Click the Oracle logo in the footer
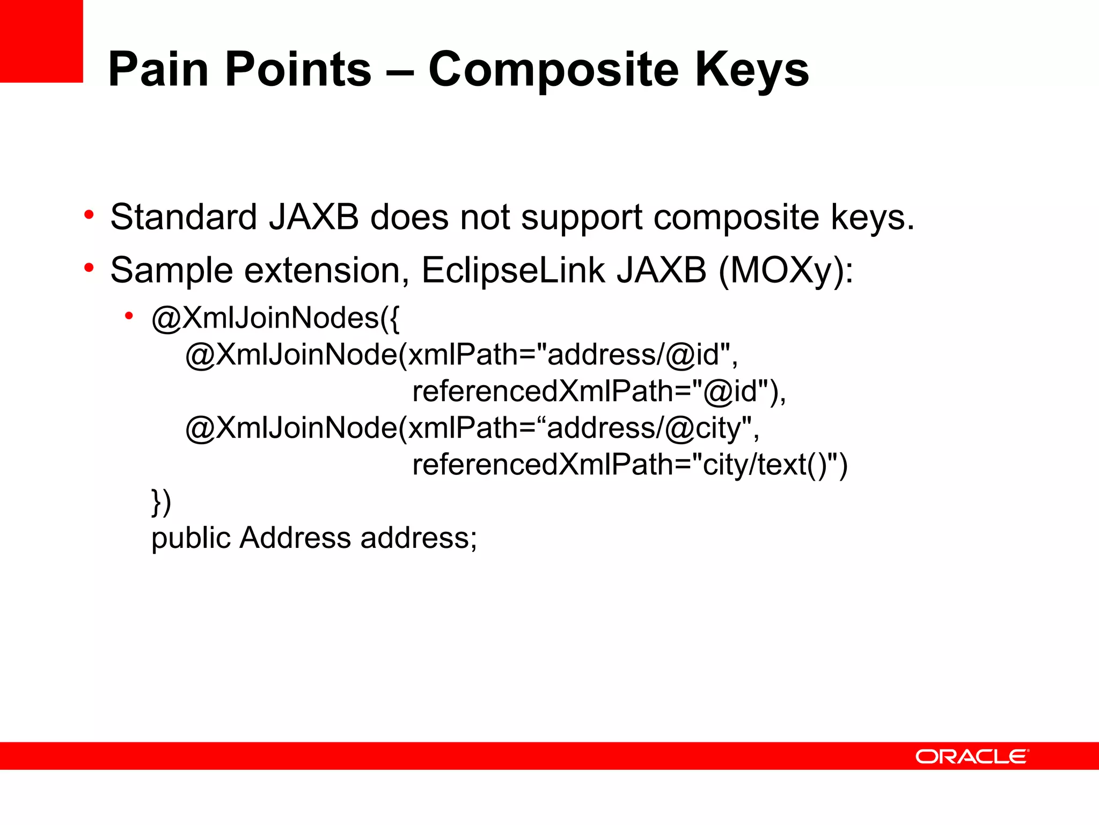click(x=972, y=757)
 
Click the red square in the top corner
click(x=41, y=41)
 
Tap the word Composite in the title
click(x=553, y=70)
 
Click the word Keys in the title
click(x=751, y=70)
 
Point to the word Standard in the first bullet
click(x=183, y=217)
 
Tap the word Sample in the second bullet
click(x=171, y=270)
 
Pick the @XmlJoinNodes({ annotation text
click(x=275, y=318)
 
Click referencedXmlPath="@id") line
click(x=598, y=391)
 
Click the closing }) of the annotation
click(x=161, y=502)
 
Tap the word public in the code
click(x=191, y=538)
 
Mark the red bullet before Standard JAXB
click(x=89, y=215)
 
